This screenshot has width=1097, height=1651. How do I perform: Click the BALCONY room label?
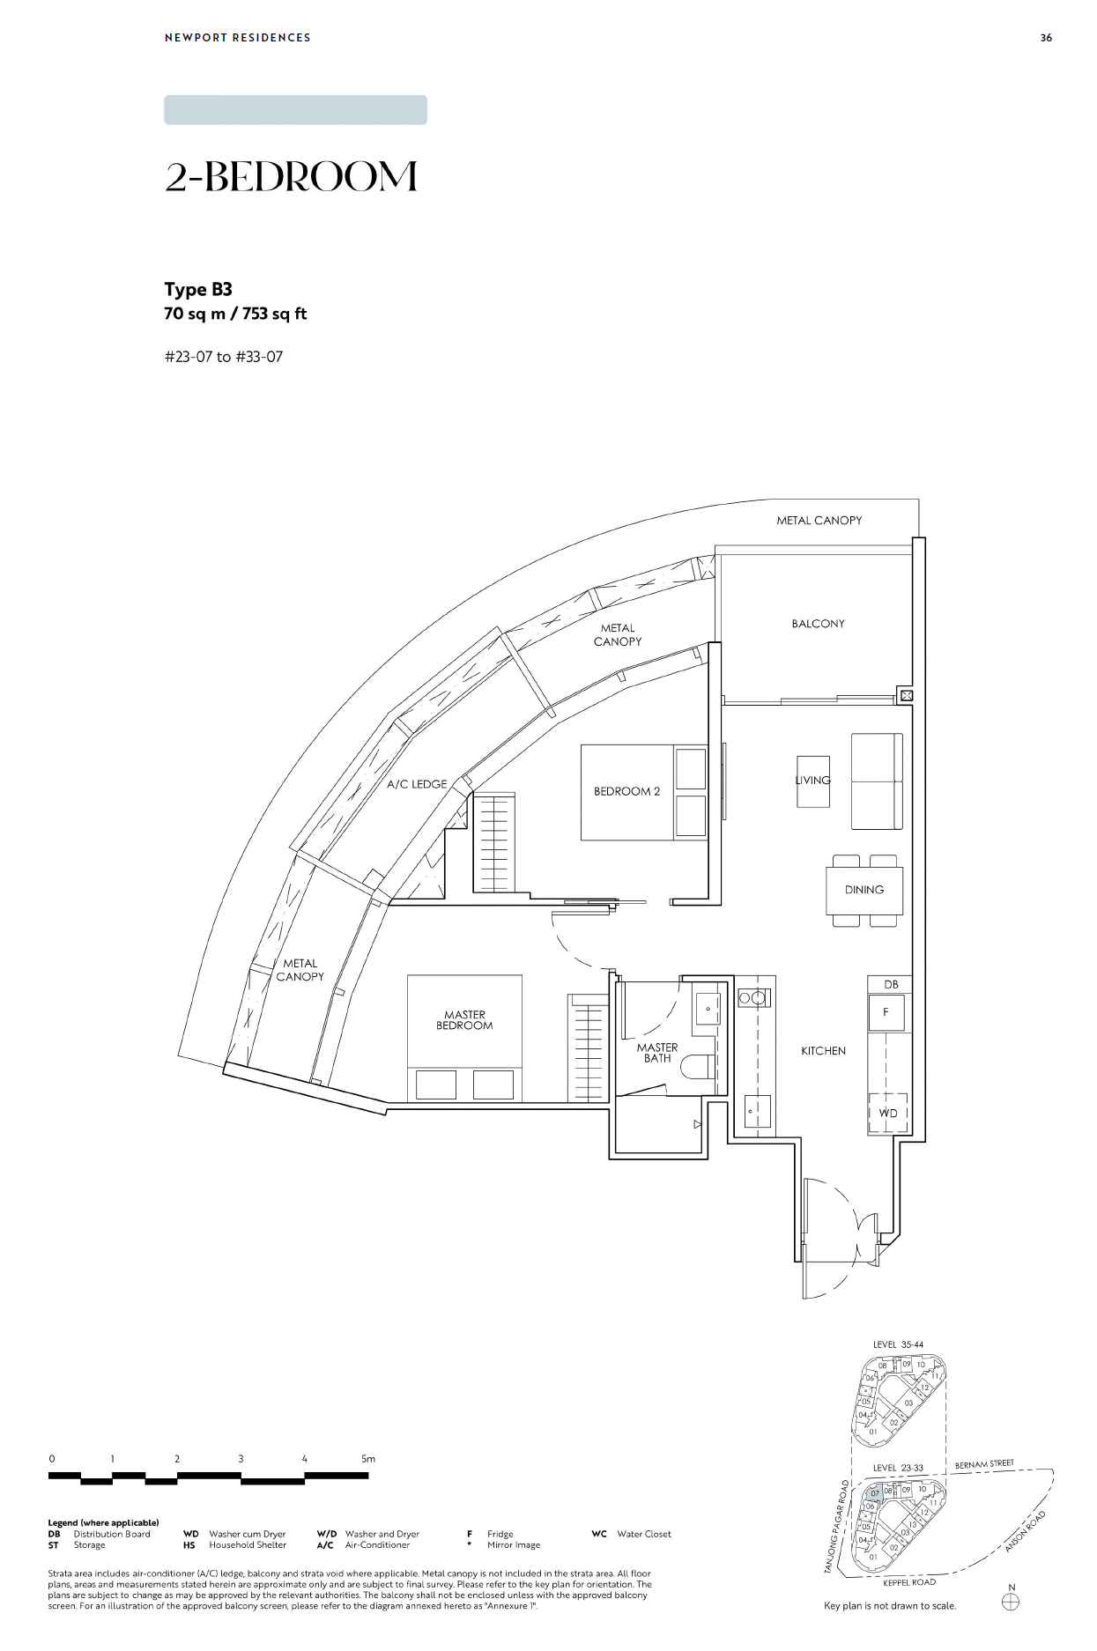(818, 624)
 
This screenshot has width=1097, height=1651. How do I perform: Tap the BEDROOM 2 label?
(626, 791)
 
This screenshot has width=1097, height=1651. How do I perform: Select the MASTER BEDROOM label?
(464, 1020)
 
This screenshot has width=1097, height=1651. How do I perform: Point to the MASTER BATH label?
(657, 1053)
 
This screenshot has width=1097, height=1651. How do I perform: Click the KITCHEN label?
(823, 1051)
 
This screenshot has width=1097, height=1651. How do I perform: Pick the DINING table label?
(864, 890)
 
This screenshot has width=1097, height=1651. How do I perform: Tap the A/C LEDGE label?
(417, 784)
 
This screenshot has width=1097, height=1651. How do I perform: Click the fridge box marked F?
(886, 1012)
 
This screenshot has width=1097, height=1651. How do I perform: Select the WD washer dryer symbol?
(888, 1114)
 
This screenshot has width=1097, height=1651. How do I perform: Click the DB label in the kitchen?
(891, 984)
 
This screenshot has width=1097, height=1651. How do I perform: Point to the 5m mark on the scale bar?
(368, 1459)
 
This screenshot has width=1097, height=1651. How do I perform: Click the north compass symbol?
(1011, 1603)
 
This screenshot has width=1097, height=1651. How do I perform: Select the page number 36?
(1046, 38)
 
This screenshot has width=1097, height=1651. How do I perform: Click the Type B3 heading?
(198, 289)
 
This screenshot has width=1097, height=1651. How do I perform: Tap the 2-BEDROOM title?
(291, 177)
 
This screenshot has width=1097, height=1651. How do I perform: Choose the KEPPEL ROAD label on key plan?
(909, 1582)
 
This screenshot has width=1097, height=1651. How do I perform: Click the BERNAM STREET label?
(984, 1464)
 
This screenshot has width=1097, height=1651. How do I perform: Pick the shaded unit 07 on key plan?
(874, 1494)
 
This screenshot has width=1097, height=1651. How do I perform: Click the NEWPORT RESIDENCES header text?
(237, 38)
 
